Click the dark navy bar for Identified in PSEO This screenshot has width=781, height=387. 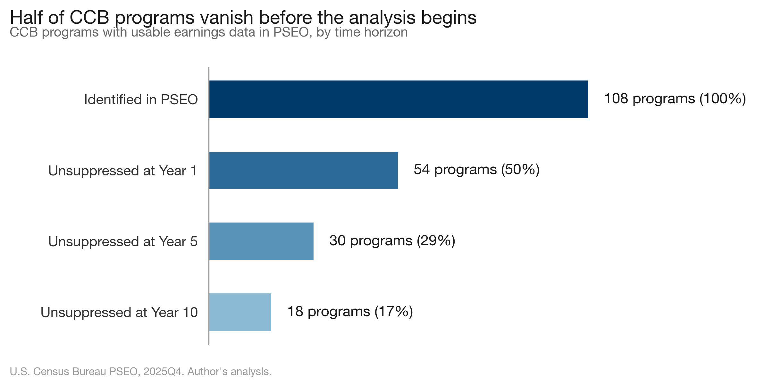tap(398, 99)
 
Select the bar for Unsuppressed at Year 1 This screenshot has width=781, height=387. tap(303, 170)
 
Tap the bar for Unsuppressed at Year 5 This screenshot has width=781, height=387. tap(261, 241)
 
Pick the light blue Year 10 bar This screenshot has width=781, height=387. tap(240, 312)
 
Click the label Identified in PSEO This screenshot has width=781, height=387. tap(141, 99)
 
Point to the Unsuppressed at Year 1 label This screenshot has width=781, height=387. tap(123, 171)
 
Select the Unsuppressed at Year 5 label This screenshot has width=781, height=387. tap(123, 241)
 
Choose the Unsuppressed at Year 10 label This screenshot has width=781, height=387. tap(119, 312)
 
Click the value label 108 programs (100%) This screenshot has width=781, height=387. tap(675, 98)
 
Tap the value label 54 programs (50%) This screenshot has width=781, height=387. tap(476, 169)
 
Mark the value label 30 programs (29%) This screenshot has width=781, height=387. tap(392, 240)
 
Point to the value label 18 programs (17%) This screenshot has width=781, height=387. tap(350, 311)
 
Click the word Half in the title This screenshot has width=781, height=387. tap(26, 17)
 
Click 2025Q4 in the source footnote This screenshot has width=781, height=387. tap(164, 371)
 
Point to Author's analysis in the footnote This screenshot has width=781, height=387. tap(229, 371)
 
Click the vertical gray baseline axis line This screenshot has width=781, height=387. tap(209, 205)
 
